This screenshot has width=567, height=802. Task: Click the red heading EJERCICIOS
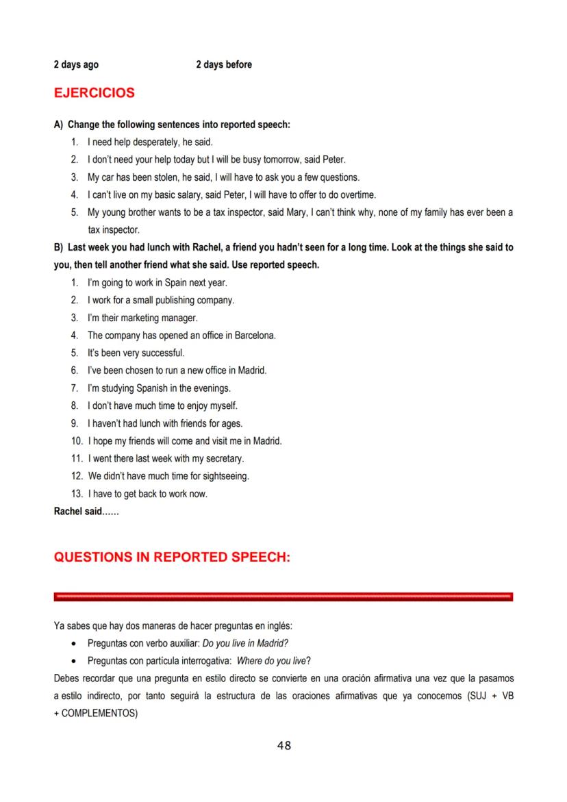(x=94, y=92)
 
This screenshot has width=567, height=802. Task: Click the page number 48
(x=283, y=746)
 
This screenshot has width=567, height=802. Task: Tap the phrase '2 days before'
(x=224, y=65)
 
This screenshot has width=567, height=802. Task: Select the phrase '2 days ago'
(x=76, y=65)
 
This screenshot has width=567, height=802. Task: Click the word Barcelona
(x=255, y=336)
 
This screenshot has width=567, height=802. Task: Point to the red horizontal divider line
(x=283, y=597)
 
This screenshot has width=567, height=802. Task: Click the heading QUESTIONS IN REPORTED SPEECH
(x=172, y=557)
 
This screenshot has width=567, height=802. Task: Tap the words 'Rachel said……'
(x=86, y=511)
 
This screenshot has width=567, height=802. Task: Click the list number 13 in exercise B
(x=76, y=494)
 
